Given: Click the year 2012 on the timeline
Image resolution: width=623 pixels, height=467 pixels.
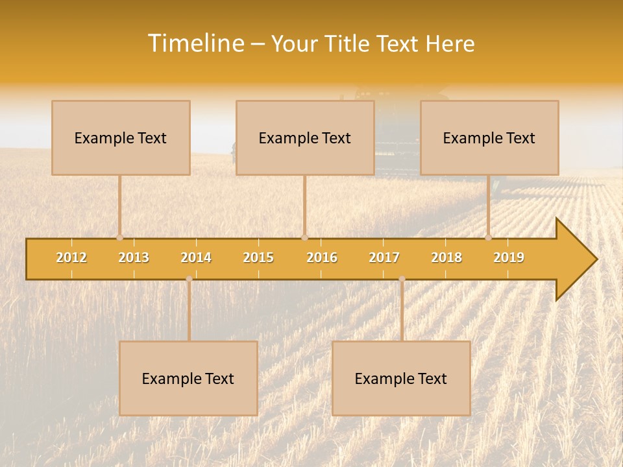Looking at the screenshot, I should click(x=71, y=257).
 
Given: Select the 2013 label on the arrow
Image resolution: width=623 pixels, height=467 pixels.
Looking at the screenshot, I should click(x=134, y=257).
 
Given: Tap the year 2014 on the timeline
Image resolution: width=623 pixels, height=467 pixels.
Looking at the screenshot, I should click(x=196, y=257).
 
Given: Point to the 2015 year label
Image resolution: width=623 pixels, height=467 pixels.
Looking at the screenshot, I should click(x=258, y=257).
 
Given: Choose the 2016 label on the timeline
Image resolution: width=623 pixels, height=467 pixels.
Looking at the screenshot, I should click(x=322, y=257).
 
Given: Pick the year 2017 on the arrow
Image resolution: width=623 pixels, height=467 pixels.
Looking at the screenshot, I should click(x=384, y=257).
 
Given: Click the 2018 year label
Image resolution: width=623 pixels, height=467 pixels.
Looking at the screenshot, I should click(x=446, y=257).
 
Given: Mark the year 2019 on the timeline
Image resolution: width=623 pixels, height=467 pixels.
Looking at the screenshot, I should click(x=509, y=257).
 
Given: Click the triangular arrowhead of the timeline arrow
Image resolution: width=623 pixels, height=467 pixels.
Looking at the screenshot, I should click(x=575, y=259).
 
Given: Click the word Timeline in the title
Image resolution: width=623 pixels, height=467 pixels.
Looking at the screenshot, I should click(x=195, y=43).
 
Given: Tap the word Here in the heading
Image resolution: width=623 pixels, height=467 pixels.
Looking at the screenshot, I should click(x=450, y=43).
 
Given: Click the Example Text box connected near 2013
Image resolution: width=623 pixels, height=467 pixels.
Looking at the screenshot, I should click(x=121, y=138).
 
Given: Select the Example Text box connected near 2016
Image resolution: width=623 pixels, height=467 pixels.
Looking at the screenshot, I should click(x=305, y=138).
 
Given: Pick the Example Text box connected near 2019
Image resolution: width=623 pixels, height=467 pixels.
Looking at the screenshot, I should click(x=489, y=138).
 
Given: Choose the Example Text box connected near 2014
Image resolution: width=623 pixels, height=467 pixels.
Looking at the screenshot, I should click(x=188, y=378).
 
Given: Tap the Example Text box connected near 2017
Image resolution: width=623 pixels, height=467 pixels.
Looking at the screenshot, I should click(x=401, y=378).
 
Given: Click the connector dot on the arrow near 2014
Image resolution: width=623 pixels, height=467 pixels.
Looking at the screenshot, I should click(x=189, y=279).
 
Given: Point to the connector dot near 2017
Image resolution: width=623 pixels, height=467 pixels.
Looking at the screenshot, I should click(x=402, y=279).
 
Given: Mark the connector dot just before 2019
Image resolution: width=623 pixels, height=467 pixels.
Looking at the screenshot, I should click(x=488, y=237).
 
